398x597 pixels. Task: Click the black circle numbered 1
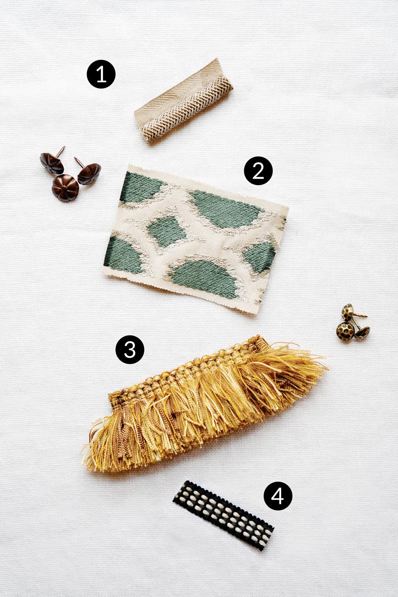[x=101, y=74]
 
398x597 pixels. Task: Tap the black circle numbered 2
[x=258, y=171]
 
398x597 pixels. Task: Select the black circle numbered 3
[x=130, y=349]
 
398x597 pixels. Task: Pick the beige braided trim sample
[x=184, y=100]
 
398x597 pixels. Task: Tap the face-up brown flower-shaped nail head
[x=65, y=188]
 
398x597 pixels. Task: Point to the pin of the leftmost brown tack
[x=60, y=151]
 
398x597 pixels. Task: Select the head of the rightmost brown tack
[x=90, y=174]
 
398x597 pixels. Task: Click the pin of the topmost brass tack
[x=361, y=315]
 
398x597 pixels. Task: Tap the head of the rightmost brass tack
[x=362, y=333]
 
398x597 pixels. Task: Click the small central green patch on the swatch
[x=167, y=231]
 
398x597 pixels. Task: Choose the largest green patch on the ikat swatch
[x=226, y=209]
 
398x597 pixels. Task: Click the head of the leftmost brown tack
[x=52, y=163]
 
